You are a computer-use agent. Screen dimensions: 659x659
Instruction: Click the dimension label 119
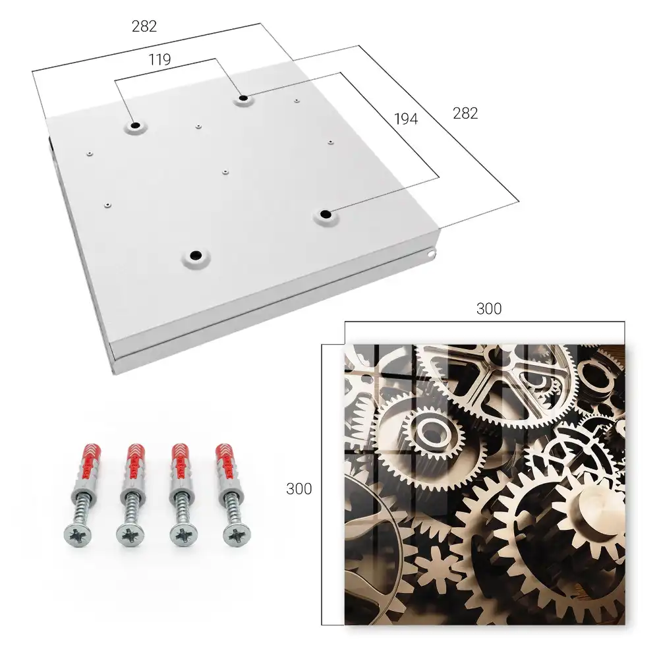(x=159, y=60)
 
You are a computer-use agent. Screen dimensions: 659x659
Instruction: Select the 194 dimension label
(x=406, y=119)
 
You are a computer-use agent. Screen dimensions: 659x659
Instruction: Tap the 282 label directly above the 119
(x=144, y=26)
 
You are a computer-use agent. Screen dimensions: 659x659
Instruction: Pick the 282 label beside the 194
(x=465, y=113)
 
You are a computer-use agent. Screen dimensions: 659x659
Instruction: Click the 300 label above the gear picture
(x=489, y=308)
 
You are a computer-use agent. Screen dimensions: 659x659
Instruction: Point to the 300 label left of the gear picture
(x=299, y=489)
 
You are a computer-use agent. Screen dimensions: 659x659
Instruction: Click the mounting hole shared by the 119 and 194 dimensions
(x=243, y=99)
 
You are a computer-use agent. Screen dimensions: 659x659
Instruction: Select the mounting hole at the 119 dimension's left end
(x=135, y=126)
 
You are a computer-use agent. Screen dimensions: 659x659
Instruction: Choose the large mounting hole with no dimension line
(x=196, y=256)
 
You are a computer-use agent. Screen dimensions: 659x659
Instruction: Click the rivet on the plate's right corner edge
(x=431, y=254)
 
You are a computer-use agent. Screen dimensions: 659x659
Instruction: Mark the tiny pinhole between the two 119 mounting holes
(x=198, y=126)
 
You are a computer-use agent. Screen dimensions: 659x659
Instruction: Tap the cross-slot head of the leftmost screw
(x=77, y=535)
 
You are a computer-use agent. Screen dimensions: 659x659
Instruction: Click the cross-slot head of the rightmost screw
(x=236, y=535)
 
